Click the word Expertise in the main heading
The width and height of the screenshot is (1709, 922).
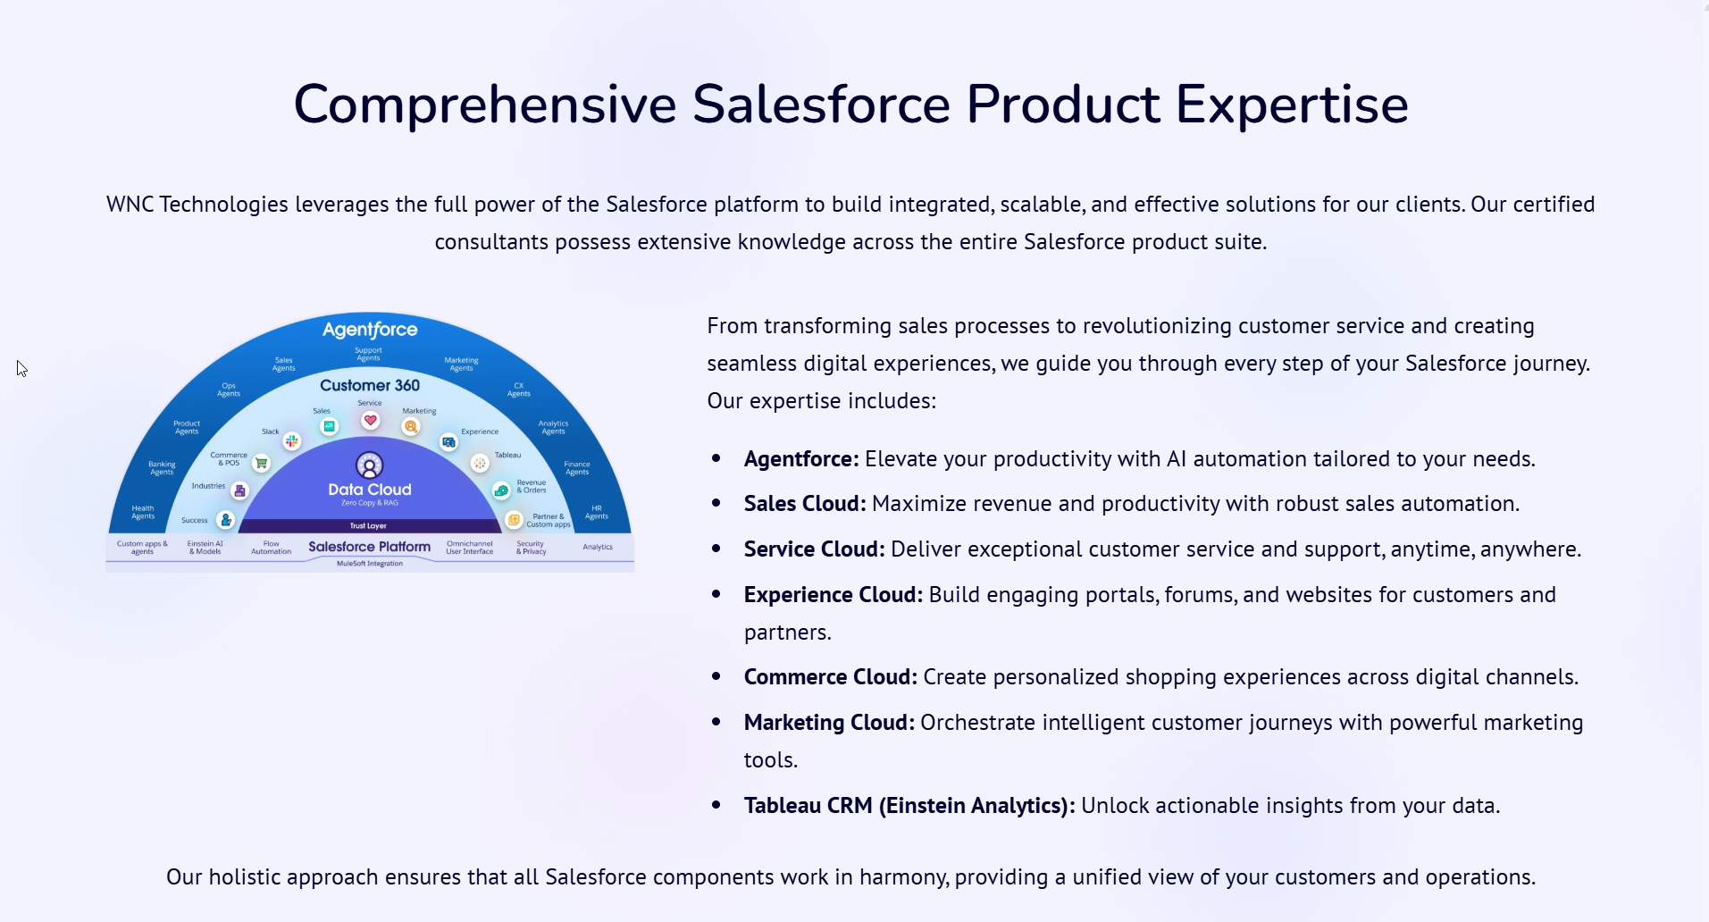click(1292, 105)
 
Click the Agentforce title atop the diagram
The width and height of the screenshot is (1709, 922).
click(370, 330)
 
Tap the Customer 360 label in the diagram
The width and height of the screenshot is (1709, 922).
click(370, 385)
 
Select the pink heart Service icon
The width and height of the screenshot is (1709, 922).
click(370, 421)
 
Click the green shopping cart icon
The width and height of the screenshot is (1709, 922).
click(262, 463)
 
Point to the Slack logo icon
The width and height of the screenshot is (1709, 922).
click(292, 440)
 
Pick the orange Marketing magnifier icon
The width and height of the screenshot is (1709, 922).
click(411, 427)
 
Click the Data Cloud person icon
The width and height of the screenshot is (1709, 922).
click(369, 465)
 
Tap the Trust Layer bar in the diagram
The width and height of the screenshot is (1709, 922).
click(368, 525)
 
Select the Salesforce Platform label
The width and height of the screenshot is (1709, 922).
click(369, 547)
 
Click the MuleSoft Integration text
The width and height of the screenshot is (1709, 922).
click(370, 564)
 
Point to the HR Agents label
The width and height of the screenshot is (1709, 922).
click(597, 513)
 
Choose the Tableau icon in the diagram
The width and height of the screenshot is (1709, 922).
click(481, 463)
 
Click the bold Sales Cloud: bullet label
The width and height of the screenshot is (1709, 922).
click(805, 504)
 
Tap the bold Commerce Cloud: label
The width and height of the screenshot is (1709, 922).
click(831, 677)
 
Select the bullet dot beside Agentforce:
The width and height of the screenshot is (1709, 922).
click(716, 458)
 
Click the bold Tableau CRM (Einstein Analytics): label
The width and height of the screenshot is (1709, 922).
click(909, 806)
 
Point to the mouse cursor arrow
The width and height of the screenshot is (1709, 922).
click(21, 368)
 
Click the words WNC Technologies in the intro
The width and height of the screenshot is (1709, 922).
click(197, 205)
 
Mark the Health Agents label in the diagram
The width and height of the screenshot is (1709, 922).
click(143, 513)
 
